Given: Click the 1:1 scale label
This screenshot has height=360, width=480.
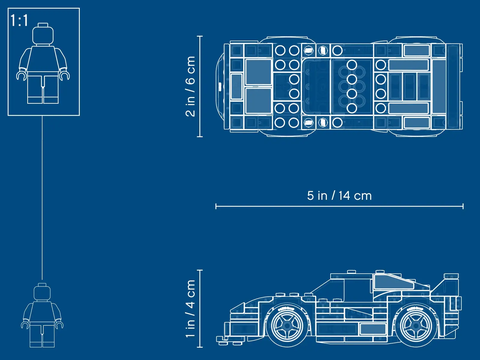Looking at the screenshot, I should (x=18, y=20).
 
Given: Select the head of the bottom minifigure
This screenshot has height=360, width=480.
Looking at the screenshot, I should (x=40, y=293).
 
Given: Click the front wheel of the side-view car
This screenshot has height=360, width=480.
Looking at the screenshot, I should (x=288, y=326).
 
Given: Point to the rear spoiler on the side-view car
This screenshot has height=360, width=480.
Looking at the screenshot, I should (x=452, y=287).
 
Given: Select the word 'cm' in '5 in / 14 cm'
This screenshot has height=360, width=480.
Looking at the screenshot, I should (x=363, y=196).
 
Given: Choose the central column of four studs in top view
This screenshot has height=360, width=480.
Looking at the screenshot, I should (x=353, y=85).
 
